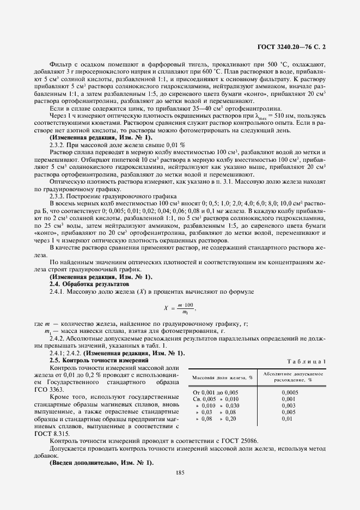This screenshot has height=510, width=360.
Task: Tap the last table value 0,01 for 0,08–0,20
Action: [x=287, y=419]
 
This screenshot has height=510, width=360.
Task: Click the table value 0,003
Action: [x=288, y=405]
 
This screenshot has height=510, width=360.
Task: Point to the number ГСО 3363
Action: [x=65, y=389]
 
